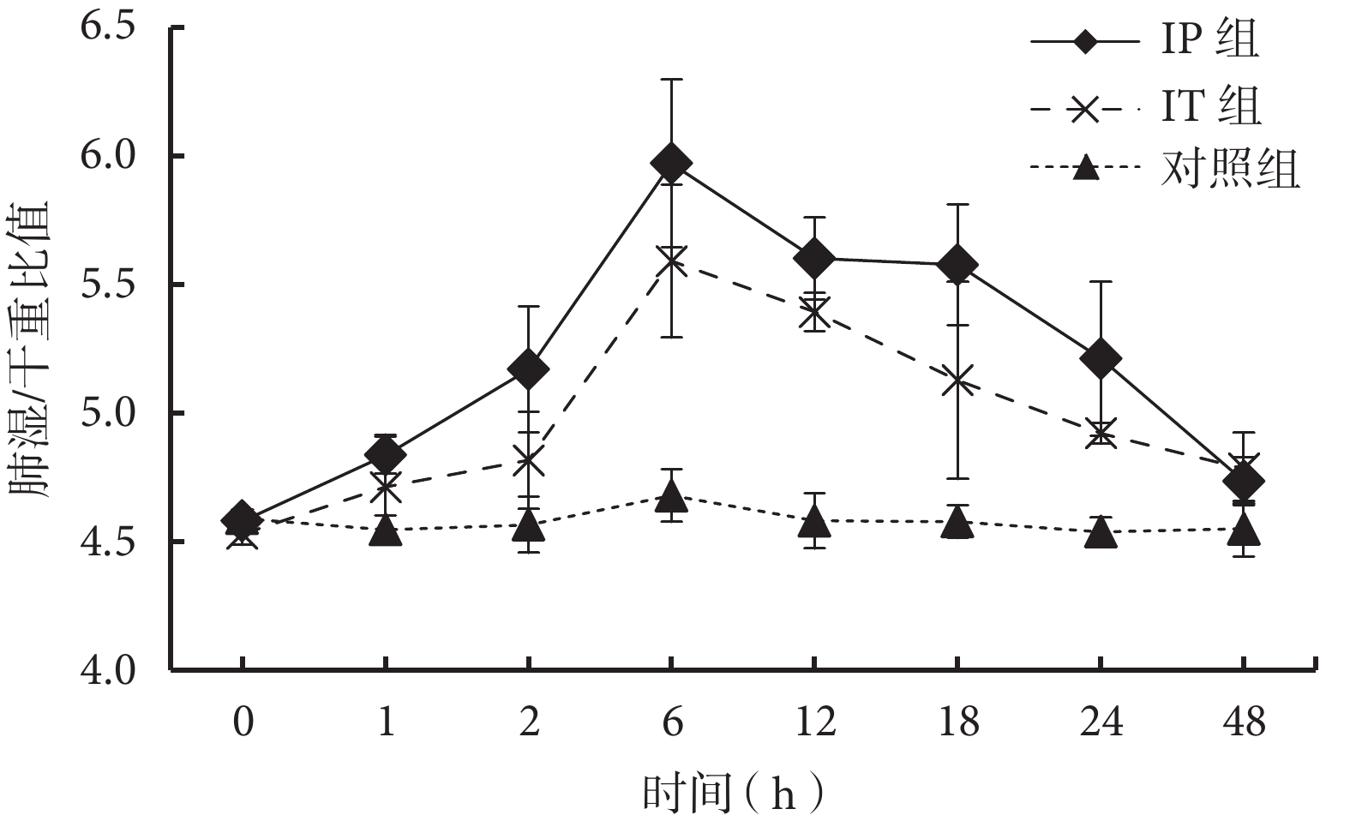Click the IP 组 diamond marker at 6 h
click(671, 163)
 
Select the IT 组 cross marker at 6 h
click(671, 259)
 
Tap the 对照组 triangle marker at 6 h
click(671, 495)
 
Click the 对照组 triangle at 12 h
click(814, 520)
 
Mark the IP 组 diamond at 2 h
click(528, 369)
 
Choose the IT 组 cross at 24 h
click(1101, 432)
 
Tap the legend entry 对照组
click(1231, 170)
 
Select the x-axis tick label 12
click(814, 723)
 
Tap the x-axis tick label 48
click(1244, 723)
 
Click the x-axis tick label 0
click(243, 723)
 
